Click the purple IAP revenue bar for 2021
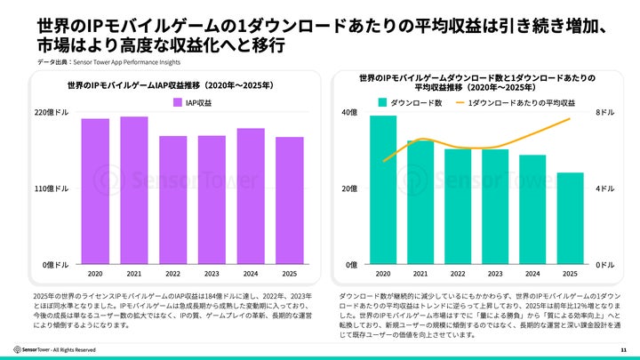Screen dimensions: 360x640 point(134,190)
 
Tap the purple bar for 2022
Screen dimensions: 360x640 point(173,200)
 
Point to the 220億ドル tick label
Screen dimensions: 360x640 point(51,113)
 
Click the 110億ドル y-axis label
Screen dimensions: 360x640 point(51,189)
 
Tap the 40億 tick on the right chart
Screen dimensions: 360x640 point(348,113)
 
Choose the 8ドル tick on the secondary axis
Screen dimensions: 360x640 point(604,113)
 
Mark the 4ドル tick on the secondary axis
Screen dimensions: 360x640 point(604,189)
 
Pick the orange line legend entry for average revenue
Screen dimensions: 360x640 point(515,103)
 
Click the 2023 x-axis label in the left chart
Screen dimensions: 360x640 point(212,274)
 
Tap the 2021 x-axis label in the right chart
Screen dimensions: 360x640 point(420,274)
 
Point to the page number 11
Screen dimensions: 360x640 point(623,349)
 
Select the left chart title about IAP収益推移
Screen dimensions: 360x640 point(169,86)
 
